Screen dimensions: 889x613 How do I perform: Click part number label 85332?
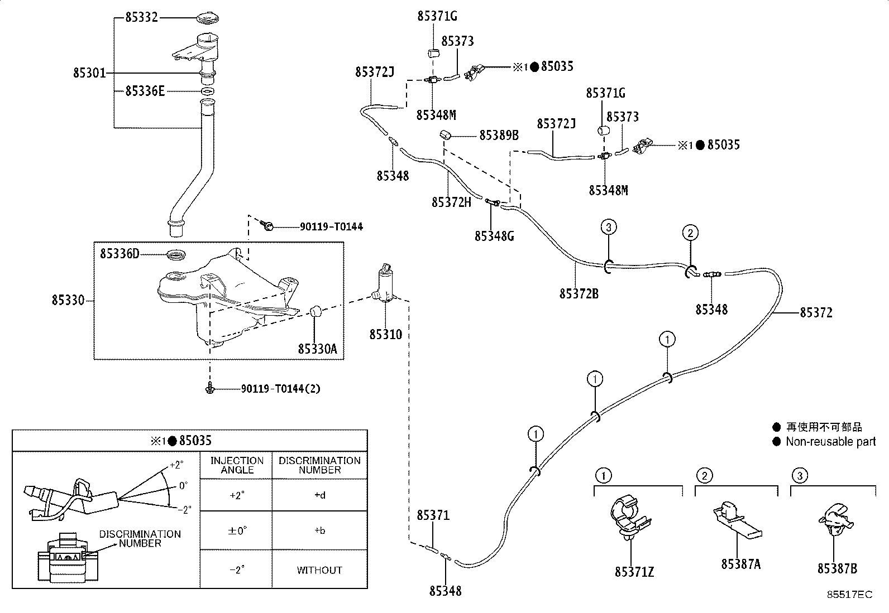(142, 17)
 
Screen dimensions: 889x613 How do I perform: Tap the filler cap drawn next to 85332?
(208, 18)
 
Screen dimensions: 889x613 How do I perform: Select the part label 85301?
(89, 73)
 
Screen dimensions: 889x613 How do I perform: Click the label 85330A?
(318, 349)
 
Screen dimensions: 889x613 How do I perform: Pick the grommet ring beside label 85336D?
(175, 255)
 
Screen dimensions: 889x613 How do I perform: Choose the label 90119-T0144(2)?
(280, 389)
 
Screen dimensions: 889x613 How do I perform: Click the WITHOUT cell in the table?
(319, 570)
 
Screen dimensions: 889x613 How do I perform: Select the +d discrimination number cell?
(320, 495)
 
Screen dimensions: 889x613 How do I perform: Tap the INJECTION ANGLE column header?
(237, 465)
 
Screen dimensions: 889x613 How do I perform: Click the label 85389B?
(499, 136)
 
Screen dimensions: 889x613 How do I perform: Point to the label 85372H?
(451, 202)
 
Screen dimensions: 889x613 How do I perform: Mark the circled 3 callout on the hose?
(609, 227)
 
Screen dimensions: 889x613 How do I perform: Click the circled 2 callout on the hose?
(690, 233)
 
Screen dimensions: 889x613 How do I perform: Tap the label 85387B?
(838, 568)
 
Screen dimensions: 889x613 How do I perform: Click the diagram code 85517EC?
(850, 595)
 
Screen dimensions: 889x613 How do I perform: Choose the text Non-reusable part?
(831, 442)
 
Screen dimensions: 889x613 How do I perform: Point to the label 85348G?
(495, 236)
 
